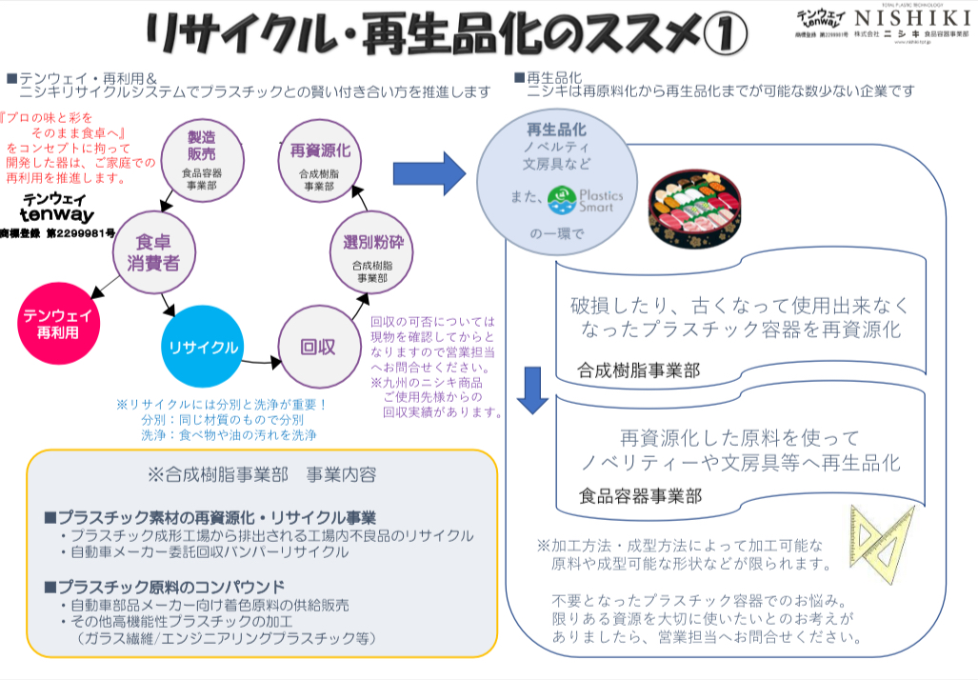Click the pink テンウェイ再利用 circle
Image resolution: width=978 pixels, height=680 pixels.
[58, 323]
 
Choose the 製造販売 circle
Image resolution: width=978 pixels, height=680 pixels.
[201, 153]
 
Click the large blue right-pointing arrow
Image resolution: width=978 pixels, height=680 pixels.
[429, 172]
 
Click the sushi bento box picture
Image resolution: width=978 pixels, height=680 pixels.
[694, 203]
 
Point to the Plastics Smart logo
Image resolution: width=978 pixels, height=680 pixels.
[585, 198]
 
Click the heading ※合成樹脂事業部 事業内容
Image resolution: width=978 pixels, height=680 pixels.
[262, 474]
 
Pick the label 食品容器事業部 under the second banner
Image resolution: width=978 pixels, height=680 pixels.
[640, 496]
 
